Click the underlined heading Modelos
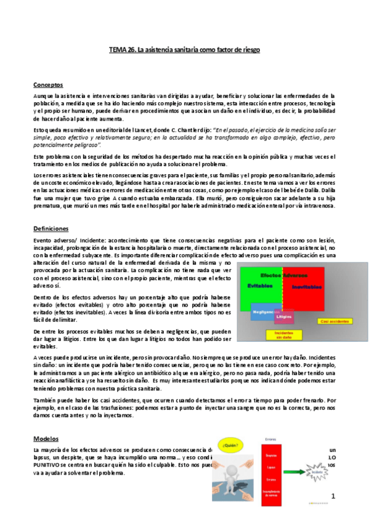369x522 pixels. click(x=46, y=438)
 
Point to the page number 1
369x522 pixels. click(x=333, y=495)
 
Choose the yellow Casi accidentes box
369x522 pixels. click(x=334, y=321)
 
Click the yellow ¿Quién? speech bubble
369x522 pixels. click(x=231, y=444)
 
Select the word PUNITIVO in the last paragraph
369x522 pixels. click(x=52, y=464)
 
